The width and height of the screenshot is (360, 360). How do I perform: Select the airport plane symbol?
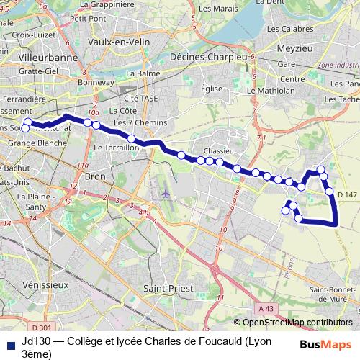tap(167, 194)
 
